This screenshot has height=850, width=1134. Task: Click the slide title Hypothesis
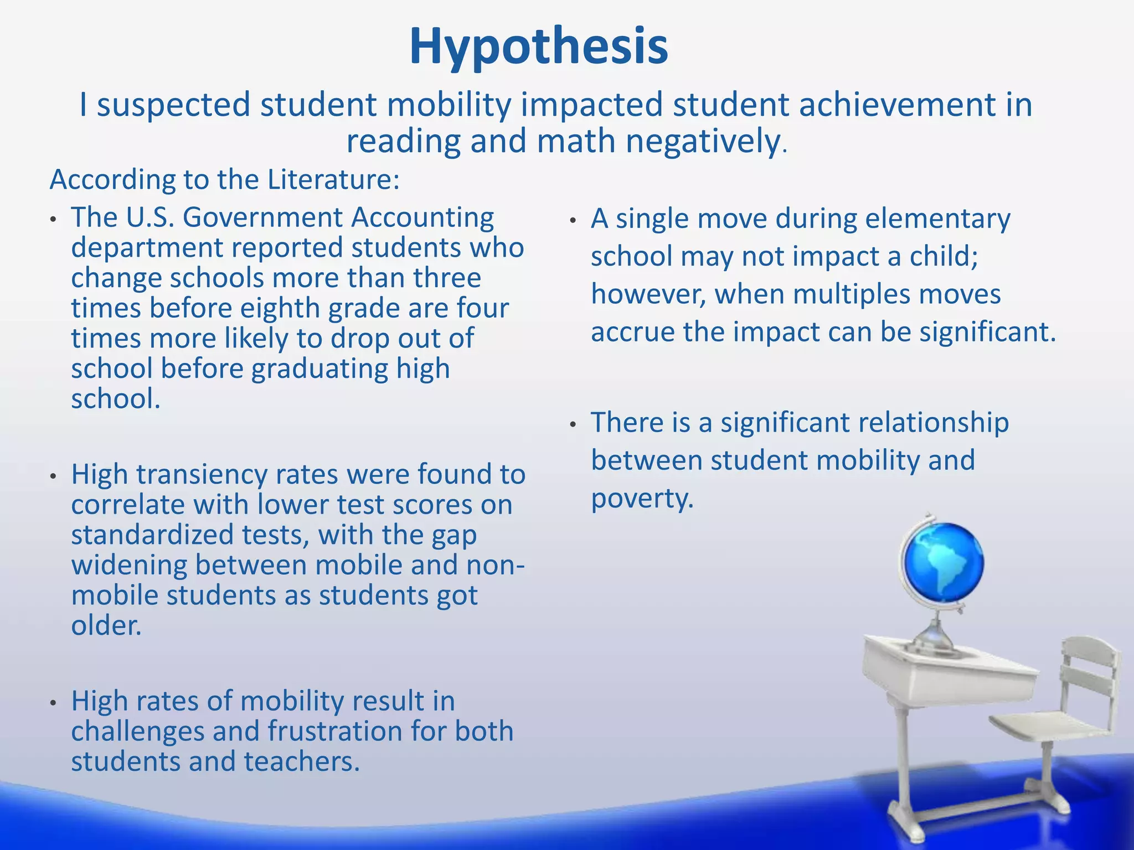click(x=538, y=46)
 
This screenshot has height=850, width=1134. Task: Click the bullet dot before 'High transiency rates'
click(x=53, y=476)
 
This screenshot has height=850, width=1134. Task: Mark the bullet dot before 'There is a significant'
click(x=573, y=425)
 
